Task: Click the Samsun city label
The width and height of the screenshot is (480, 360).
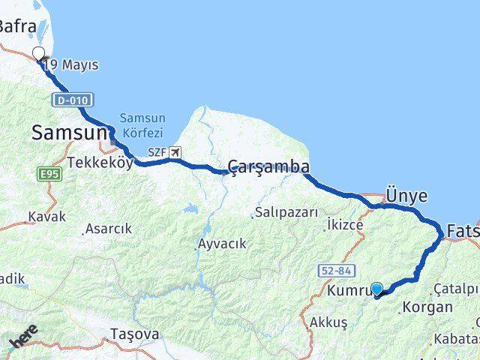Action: [69, 133]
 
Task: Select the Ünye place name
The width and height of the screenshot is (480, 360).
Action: [406, 196]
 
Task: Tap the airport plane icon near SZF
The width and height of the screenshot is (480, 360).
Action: [175, 152]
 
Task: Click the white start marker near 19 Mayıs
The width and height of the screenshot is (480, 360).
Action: [39, 53]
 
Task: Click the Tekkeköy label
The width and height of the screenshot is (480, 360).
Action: [100, 162]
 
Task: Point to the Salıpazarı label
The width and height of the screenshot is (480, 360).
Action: [286, 212]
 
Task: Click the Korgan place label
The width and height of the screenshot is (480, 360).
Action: [427, 307]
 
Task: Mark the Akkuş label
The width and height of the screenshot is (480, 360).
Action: [328, 322]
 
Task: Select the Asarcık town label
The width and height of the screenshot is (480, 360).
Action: [108, 229]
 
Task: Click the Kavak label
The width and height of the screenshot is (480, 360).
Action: [46, 216]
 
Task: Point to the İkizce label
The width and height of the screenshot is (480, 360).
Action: [345, 224]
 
